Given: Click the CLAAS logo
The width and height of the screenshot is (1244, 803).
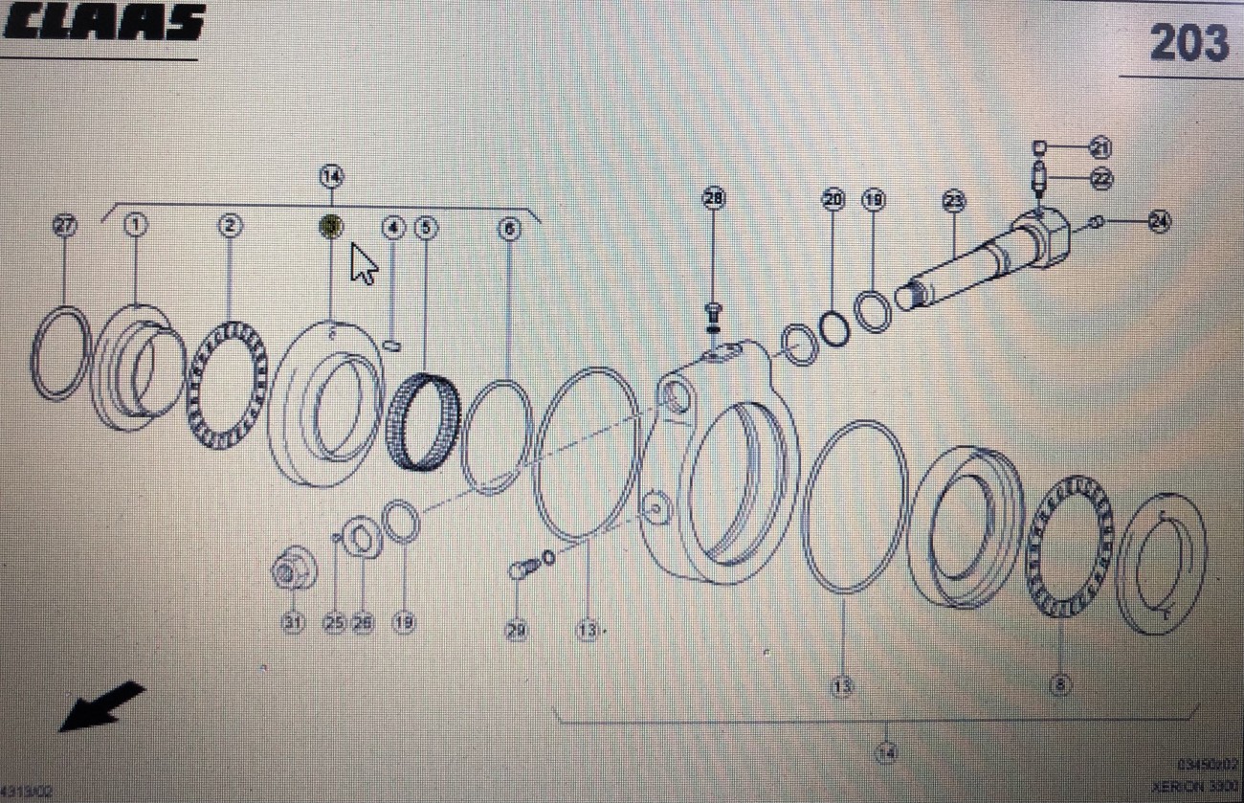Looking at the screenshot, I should click(103, 23).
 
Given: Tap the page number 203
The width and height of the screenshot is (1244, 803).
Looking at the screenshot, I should click(1188, 43).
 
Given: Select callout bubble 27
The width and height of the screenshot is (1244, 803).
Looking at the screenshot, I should click(64, 227).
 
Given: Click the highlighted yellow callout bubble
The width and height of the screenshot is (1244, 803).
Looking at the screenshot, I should click(330, 227).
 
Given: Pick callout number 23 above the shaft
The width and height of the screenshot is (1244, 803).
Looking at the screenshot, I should click(954, 201).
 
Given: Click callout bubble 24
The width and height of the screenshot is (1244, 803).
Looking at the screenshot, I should click(1159, 222).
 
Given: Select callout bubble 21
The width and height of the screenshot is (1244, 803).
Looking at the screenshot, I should click(1100, 147).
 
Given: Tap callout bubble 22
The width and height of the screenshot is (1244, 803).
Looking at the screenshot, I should click(1100, 177).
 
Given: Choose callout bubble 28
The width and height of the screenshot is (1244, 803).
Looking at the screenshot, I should click(714, 198).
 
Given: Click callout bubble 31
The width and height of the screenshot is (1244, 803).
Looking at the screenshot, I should click(292, 622).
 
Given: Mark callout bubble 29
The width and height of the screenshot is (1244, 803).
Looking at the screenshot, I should click(517, 631).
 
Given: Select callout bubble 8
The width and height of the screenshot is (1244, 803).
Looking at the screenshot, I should click(1060, 685).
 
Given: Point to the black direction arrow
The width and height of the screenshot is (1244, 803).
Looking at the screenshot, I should click(101, 706).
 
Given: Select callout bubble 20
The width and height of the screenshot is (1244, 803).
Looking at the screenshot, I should click(833, 200).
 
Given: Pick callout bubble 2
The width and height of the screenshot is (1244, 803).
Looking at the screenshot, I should click(230, 227).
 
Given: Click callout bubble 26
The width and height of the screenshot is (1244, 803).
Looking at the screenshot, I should click(362, 622).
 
